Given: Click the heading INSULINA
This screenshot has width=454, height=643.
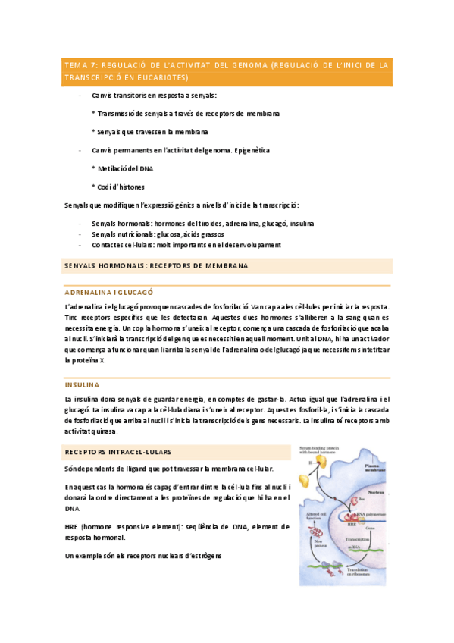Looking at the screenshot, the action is [x=82, y=384].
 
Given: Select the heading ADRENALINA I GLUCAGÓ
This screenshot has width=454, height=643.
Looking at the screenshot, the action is [x=109, y=291].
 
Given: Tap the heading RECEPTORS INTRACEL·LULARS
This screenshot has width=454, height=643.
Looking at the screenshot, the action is [x=118, y=452].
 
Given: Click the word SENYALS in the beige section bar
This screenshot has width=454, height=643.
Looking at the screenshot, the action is [x=83, y=266].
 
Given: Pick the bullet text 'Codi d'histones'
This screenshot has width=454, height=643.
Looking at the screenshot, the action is [x=121, y=187].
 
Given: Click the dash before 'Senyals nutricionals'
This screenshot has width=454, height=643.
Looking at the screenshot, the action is [x=80, y=234].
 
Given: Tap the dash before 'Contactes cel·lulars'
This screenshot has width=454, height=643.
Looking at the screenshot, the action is [x=80, y=245].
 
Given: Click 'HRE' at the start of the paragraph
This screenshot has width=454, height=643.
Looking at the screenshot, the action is [x=74, y=526].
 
